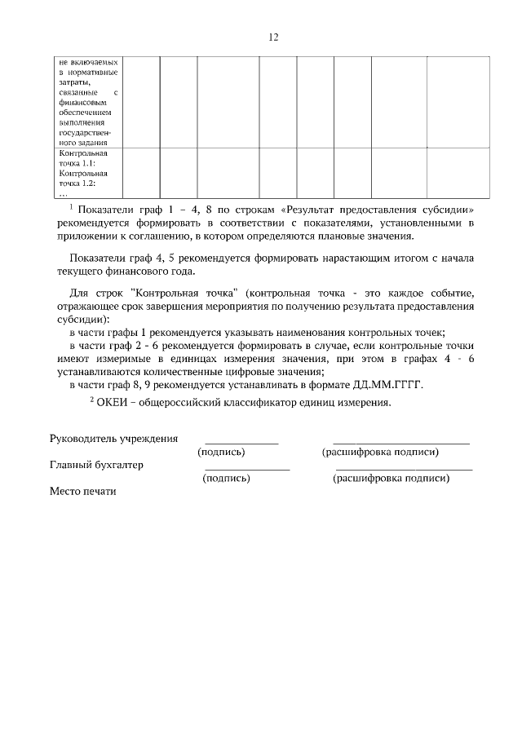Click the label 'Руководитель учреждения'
pyautogui.click(x=113, y=438)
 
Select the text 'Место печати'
pyautogui.click(x=83, y=492)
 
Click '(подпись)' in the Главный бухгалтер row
pyautogui.click(x=226, y=479)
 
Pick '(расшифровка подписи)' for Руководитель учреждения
pyautogui.click(x=381, y=452)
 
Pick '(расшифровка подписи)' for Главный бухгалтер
pyautogui.click(x=391, y=479)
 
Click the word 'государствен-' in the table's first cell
pyautogui.click(x=85, y=132)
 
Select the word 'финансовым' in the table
pyautogui.click(x=79, y=103)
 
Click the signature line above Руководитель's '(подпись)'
pyautogui.click(x=241, y=443)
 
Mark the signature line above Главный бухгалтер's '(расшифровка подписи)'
pyautogui.click(x=404, y=470)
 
